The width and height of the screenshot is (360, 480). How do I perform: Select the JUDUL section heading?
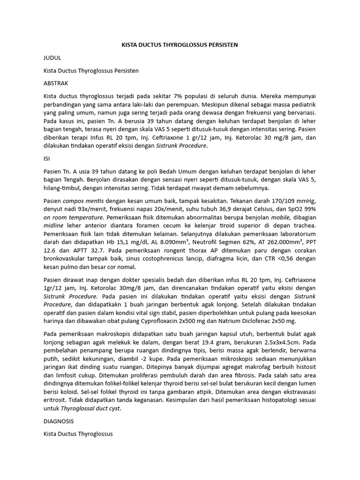pos(52,58)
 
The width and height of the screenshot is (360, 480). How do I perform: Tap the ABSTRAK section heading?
pos(56,83)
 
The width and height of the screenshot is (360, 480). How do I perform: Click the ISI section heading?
pos(46,159)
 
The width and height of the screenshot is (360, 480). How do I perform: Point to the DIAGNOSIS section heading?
pos(60,421)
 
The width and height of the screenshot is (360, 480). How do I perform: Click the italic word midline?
pos(54,226)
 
